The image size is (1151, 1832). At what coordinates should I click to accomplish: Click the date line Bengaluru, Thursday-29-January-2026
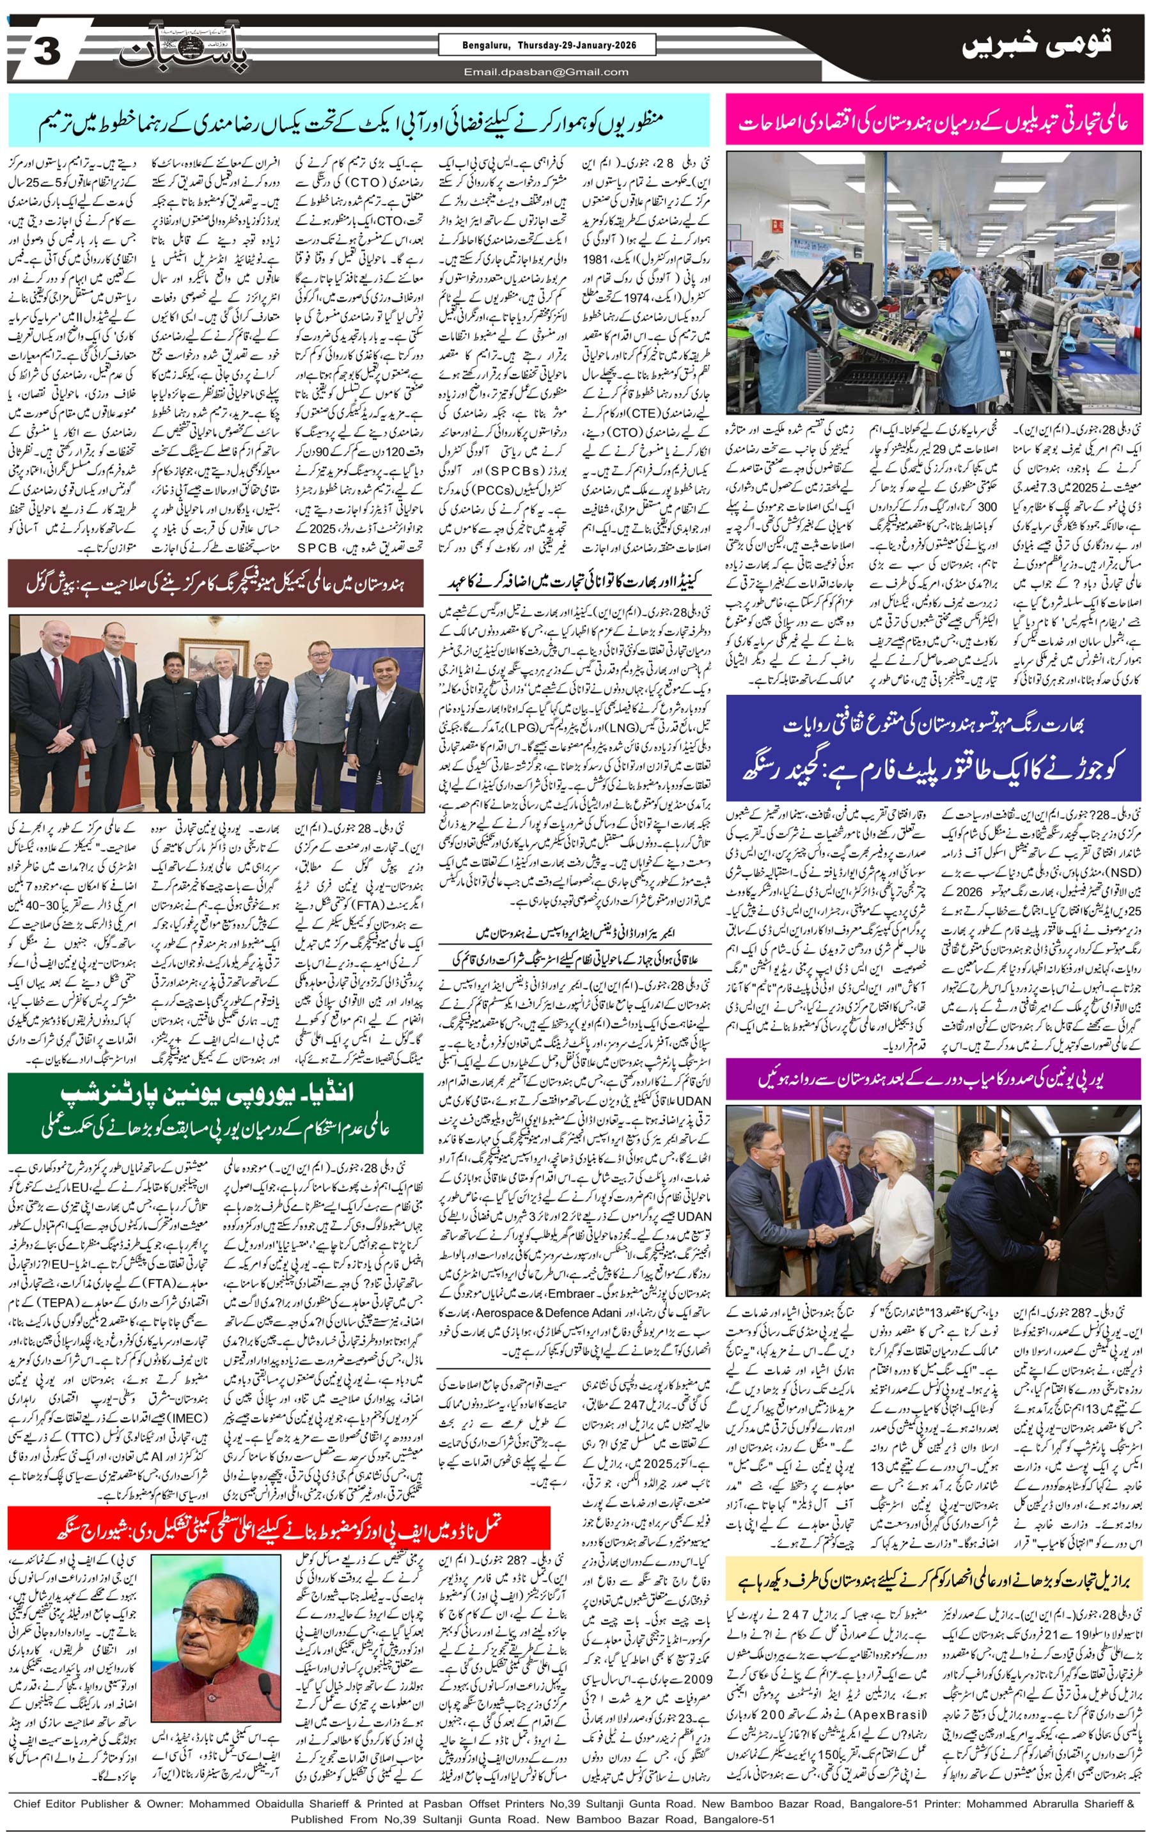pos(546,45)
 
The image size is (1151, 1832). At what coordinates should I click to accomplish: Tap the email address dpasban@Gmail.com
pos(546,72)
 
